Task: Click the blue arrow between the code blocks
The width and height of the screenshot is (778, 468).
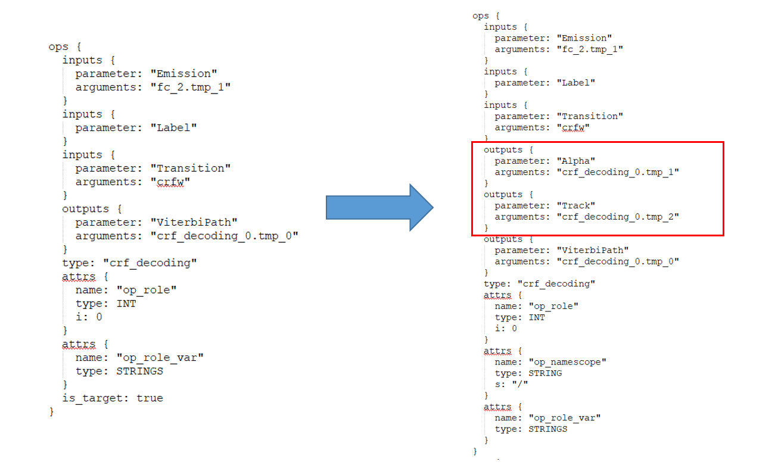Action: click(379, 208)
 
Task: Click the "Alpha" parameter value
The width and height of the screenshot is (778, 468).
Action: click(576, 161)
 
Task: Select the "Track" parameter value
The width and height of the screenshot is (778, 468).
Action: click(576, 205)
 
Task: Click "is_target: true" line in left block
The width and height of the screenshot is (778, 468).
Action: click(113, 398)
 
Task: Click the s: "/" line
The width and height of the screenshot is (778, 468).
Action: click(511, 384)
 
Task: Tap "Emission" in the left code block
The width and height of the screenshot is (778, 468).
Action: click(184, 73)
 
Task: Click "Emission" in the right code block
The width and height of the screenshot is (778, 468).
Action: click(584, 38)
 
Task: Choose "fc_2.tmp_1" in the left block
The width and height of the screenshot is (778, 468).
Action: click(191, 87)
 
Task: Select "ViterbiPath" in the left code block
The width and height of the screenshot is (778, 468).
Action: click(194, 222)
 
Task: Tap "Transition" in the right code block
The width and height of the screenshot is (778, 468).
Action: click(590, 116)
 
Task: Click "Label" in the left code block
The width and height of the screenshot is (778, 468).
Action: click(174, 127)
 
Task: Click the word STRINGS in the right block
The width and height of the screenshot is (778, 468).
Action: click(547, 429)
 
